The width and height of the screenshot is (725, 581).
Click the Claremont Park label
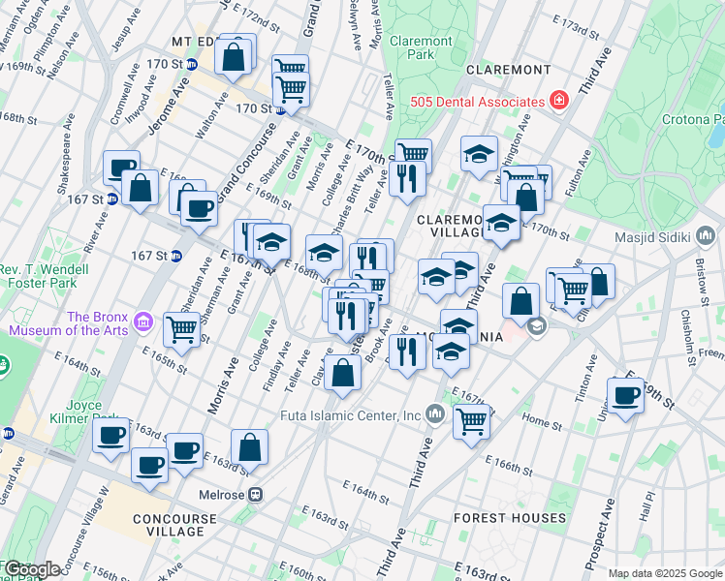click(420, 48)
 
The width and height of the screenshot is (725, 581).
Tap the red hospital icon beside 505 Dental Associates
click(559, 101)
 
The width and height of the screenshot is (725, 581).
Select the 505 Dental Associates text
click(489, 102)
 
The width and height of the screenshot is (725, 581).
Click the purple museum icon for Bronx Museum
click(143, 321)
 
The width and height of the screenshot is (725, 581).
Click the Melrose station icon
click(255, 494)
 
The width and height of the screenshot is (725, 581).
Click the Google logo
click(31, 569)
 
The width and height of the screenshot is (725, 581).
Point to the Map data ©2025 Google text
click(664, 573)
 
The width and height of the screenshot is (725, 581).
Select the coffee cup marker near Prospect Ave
click(626, 394)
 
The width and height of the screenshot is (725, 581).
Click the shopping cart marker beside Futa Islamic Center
click(471, 420)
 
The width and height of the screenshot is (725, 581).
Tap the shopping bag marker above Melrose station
click(250, 447)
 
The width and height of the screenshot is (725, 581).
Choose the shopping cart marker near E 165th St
click(182, 329)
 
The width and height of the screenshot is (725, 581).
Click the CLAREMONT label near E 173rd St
click(508, 70)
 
